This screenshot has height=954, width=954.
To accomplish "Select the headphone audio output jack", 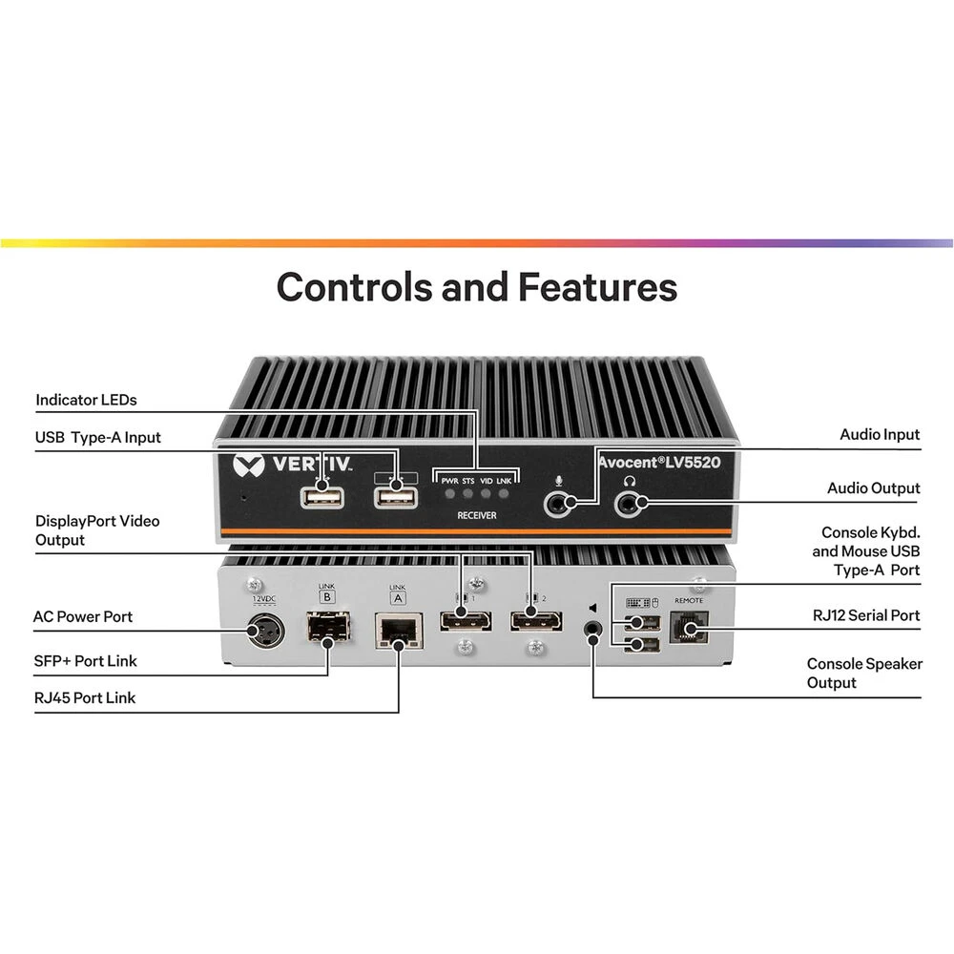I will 628,503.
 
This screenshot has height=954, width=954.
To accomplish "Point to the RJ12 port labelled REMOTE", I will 688,628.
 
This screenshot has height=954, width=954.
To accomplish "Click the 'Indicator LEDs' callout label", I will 86,400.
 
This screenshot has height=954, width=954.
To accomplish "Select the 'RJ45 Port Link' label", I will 85,697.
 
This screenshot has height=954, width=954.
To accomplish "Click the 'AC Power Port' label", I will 83,616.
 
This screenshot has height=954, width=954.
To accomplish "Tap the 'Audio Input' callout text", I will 880,434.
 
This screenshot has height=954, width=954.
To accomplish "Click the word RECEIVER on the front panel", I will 475,515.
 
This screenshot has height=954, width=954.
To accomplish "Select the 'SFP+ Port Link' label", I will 85,660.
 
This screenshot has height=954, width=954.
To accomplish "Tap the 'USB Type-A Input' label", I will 98,437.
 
